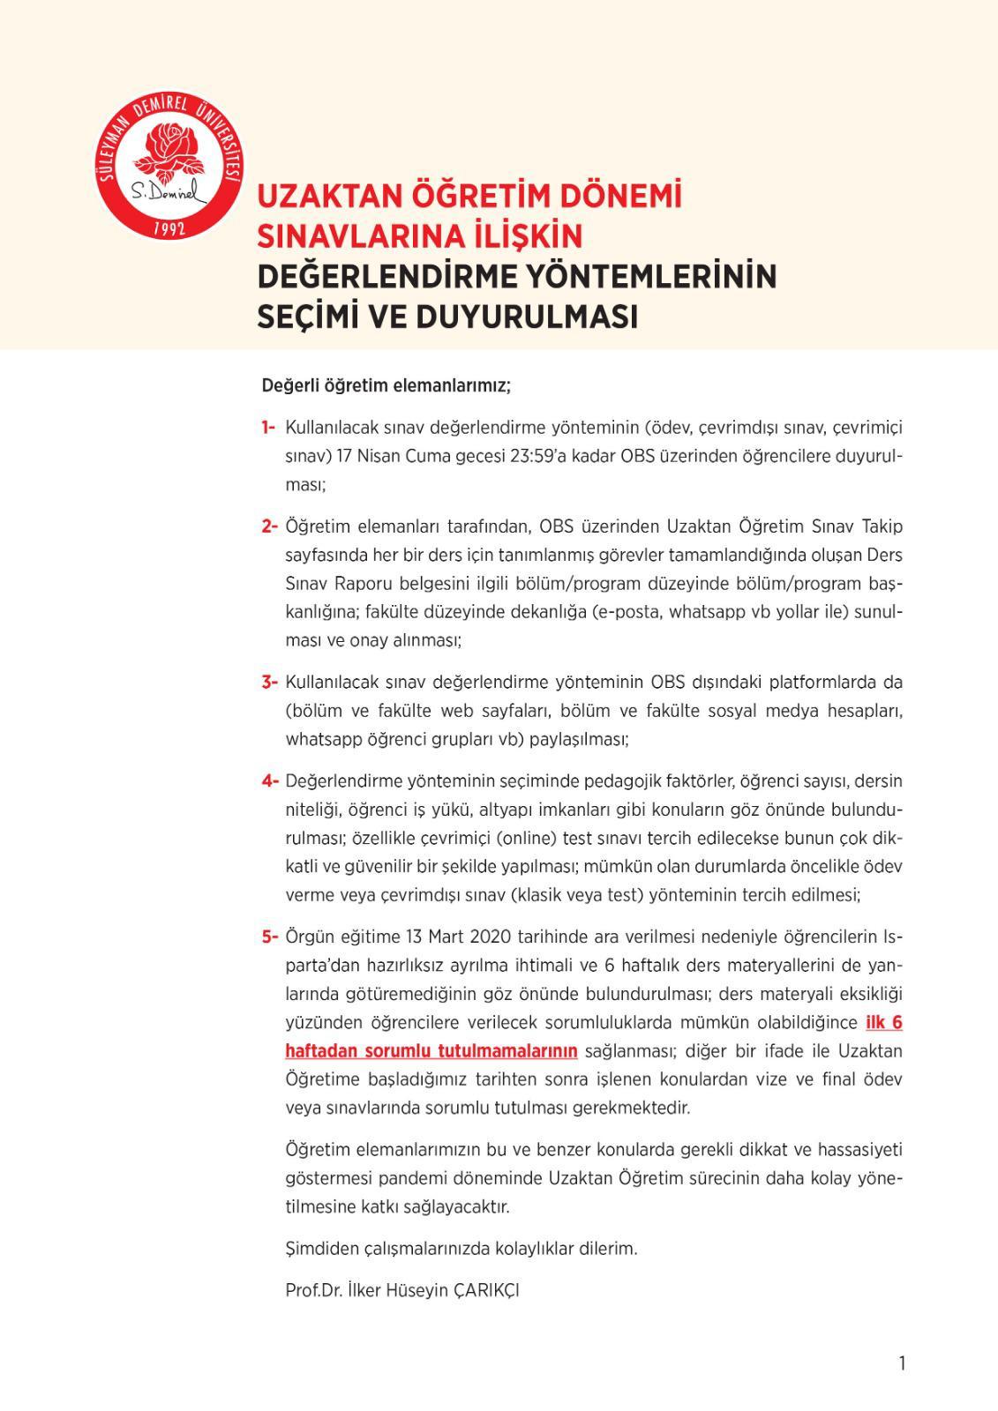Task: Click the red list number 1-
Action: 268,428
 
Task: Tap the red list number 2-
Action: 269,526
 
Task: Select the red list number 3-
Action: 269,682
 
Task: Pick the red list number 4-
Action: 269,780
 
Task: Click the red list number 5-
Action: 269,936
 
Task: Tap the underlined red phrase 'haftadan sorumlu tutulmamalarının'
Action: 431,1050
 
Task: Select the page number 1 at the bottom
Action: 902,1363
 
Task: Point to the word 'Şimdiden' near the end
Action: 319,1249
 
